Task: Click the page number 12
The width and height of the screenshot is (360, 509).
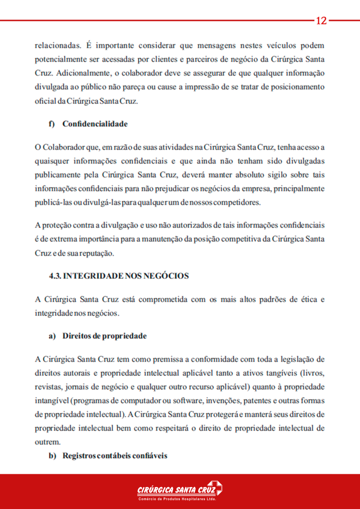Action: [x=321, y=21]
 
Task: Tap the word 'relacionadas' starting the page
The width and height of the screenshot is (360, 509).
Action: [x=57, y=46]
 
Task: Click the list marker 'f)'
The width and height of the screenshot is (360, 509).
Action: [x=51, y=124]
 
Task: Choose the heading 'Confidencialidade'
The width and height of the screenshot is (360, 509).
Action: [x=95, y=124]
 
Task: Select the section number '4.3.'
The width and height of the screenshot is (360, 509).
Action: [x=55, y=275]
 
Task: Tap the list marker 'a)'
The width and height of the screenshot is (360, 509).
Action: [x=52, y=336]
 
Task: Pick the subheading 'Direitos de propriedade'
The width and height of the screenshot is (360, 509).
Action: [x=104, y=336]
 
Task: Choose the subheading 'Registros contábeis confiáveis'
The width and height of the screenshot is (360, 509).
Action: [x=115, y=455]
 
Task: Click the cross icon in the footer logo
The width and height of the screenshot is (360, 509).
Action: [x=215, y=488]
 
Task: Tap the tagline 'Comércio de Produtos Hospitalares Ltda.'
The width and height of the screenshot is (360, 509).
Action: [x=177, y=499]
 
